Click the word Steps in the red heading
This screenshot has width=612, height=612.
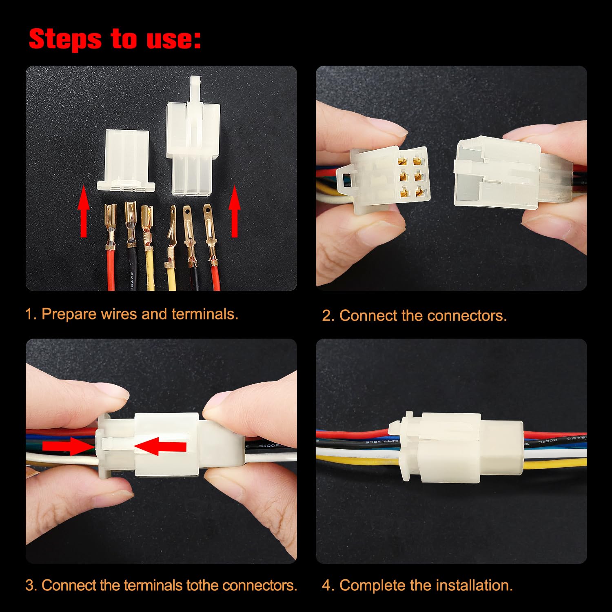65,39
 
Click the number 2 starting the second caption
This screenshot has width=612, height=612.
326,316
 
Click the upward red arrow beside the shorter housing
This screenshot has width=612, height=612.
84,211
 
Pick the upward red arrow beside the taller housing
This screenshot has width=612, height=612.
235,211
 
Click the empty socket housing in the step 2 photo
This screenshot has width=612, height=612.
498,173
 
